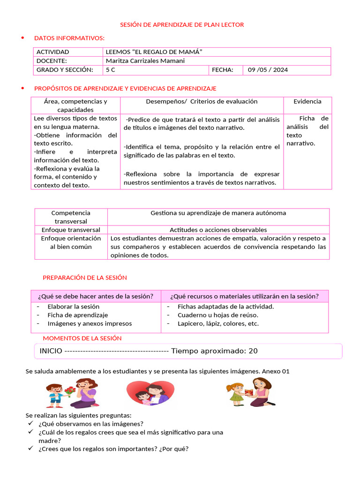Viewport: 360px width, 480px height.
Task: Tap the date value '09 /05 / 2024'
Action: point(268,70)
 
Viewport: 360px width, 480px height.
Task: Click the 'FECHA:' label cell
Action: point(223,70)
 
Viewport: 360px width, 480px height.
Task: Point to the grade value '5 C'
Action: point(110,70)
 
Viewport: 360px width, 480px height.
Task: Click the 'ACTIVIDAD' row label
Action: point(52,52)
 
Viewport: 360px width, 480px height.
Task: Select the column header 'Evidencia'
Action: point(307,101)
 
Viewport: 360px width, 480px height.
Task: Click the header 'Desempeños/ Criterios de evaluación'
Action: point(202,101)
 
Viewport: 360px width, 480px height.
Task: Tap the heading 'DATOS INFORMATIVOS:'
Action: point(69,38)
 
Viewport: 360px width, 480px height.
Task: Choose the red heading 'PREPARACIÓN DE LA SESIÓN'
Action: point(84,277)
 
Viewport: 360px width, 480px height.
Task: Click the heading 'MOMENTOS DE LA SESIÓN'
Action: point(82,338)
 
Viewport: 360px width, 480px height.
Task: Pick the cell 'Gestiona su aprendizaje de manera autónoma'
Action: point(218,213)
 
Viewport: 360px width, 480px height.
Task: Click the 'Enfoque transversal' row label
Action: point(71,230)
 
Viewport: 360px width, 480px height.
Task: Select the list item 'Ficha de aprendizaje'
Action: point(77,315)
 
